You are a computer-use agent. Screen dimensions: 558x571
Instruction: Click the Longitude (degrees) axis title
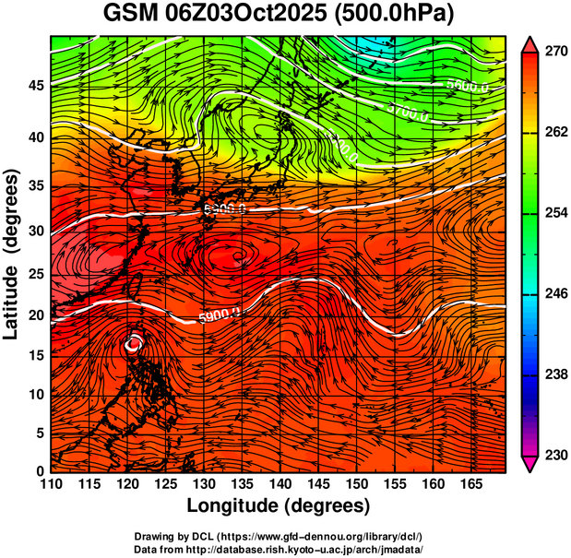click(x=279, y=506)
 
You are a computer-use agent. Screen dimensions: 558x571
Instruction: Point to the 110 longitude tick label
click(x=51, y=485)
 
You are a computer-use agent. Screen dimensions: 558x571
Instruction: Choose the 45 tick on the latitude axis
click(x=34, y=86)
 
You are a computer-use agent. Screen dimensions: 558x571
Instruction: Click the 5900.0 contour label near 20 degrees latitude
click(x=219, y=316)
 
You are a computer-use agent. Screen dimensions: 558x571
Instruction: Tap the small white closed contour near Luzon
click(x=135, y=343)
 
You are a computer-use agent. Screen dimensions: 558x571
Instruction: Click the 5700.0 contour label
click(x=407, y=115)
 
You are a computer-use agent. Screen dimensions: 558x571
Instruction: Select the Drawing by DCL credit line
click(x=279, y=536)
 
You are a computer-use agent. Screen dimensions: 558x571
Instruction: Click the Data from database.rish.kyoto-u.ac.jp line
click(x=279, y=549)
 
